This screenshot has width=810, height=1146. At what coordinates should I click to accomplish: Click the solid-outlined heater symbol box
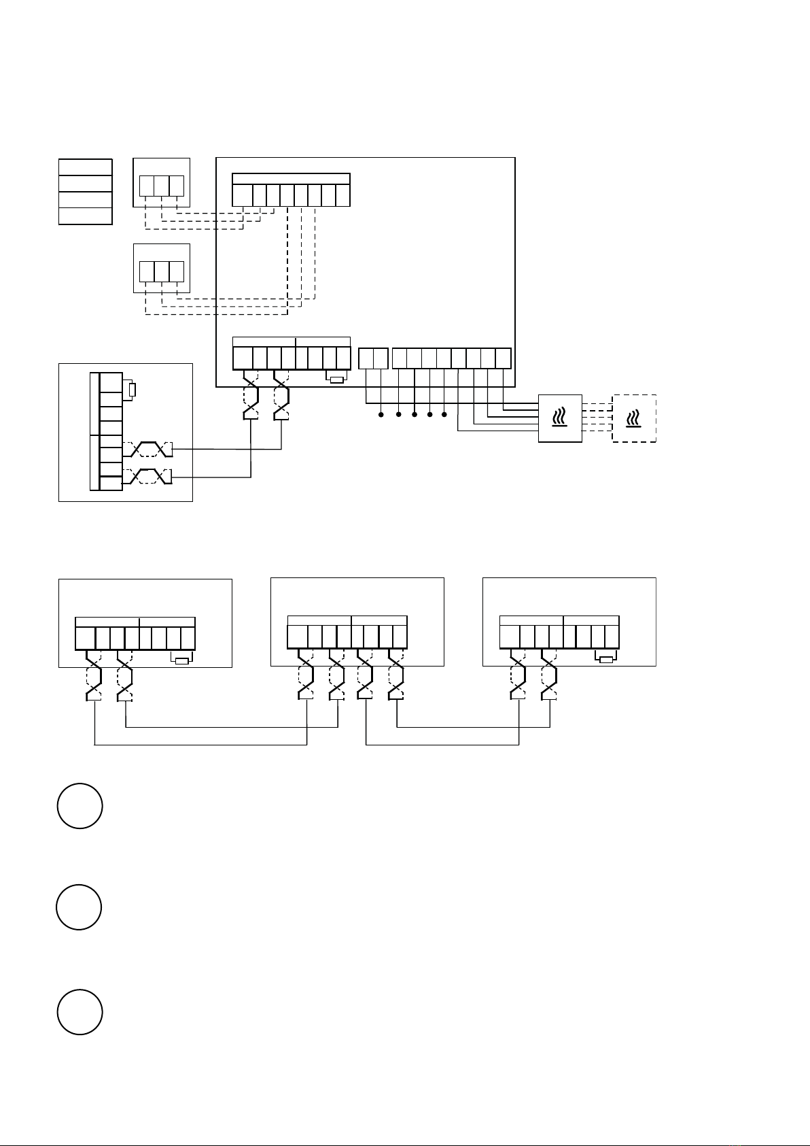point(560,418)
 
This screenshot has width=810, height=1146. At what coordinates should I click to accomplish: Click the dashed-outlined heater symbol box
point(634,418)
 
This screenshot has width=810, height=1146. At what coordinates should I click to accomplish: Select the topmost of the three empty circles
point(80,806)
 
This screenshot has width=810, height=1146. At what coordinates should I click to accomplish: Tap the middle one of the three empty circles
point(79,907)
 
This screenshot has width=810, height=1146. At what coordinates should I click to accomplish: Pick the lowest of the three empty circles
point(80,1012)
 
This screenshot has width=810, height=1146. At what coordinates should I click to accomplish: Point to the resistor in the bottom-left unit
point(181,660)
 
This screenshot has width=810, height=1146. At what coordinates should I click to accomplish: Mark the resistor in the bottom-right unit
point(605,658)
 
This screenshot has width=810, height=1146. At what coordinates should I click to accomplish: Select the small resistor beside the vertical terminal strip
point(133,390)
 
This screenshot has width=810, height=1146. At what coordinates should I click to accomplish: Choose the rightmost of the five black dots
point(444,414)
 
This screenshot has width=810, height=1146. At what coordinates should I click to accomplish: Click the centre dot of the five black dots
point(414,414)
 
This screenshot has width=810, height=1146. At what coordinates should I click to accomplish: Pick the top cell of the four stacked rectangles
point(85,167)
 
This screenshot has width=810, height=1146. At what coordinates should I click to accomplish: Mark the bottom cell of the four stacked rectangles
point(85,216)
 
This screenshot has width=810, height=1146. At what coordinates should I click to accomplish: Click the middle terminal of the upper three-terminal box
point(161,186)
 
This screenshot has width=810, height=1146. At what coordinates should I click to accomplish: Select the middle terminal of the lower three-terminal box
point(161,271)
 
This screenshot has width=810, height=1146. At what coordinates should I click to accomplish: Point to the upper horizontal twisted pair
point(148,450)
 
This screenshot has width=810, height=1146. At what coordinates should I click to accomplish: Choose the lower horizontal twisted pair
point(148,477)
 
